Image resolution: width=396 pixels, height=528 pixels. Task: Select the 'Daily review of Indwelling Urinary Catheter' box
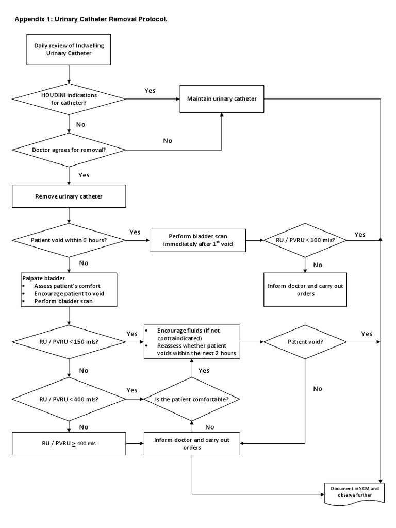pos(69,49)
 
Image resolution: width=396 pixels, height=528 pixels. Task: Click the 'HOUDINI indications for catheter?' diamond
pos(69,98)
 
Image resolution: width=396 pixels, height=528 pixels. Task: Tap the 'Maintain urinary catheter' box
pos(222,98)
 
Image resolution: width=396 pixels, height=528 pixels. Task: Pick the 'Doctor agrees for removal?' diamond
pos(69,150)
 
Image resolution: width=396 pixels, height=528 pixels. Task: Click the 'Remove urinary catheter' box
pos(69,196)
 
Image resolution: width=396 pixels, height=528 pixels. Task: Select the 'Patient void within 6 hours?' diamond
pos(69,240)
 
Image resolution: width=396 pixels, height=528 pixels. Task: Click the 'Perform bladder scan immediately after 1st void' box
pos(198,240)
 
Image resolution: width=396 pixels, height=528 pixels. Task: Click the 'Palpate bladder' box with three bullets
pos(69,289)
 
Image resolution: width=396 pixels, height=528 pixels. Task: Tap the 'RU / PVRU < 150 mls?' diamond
pos(69,341)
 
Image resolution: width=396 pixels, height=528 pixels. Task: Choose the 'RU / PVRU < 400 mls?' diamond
pos(69,399)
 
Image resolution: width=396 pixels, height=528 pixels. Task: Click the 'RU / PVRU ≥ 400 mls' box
pos(69,443)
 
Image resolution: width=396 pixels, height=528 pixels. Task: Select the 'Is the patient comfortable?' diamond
pos(192,399)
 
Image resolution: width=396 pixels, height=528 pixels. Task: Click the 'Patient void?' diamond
pos(305,341)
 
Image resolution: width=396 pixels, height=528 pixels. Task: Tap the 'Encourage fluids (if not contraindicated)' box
pos(192,341)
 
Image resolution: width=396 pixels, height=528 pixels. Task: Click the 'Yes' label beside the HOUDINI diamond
pos(150,90)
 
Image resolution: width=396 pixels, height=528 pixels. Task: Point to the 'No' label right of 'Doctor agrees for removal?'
pos(168,141)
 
